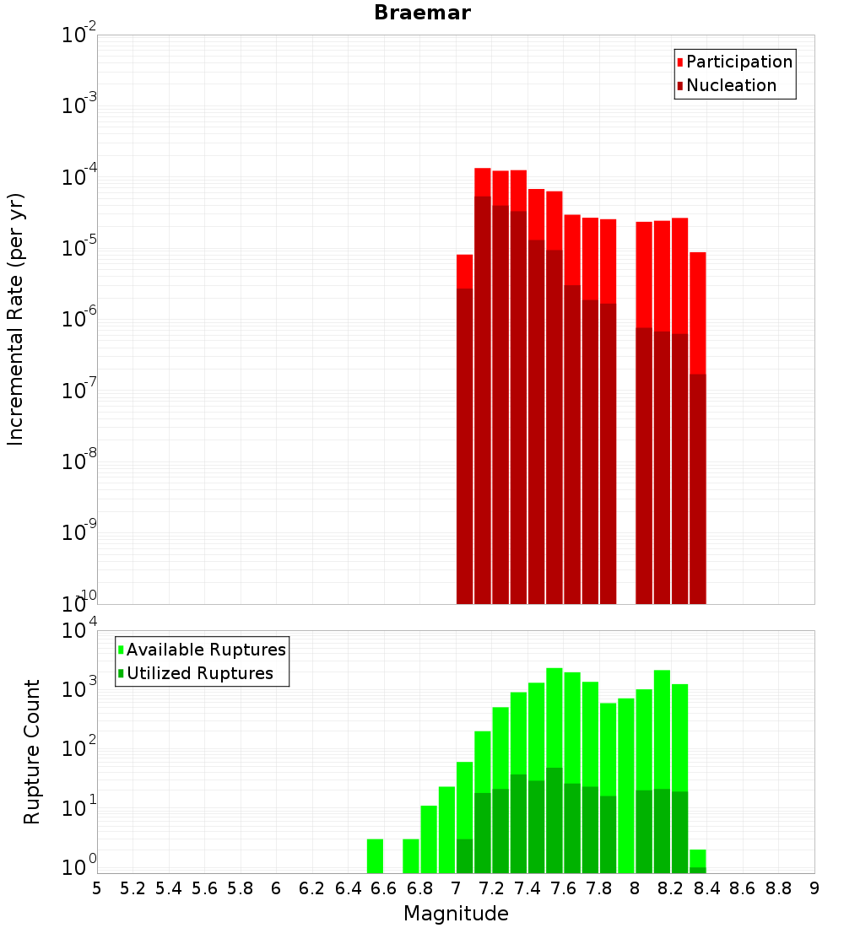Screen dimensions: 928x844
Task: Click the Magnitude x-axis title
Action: click(x=456, y=914)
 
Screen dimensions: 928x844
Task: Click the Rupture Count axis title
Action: click(x=32, y=751)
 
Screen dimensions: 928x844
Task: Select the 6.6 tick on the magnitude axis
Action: click(x=384, y=888)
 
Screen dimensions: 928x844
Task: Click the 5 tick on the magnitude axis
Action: click(x=97, y=888)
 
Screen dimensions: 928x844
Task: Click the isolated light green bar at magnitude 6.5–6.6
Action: click(x=375, y=855)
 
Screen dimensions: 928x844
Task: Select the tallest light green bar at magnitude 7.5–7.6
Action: click(x=554, y=717)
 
